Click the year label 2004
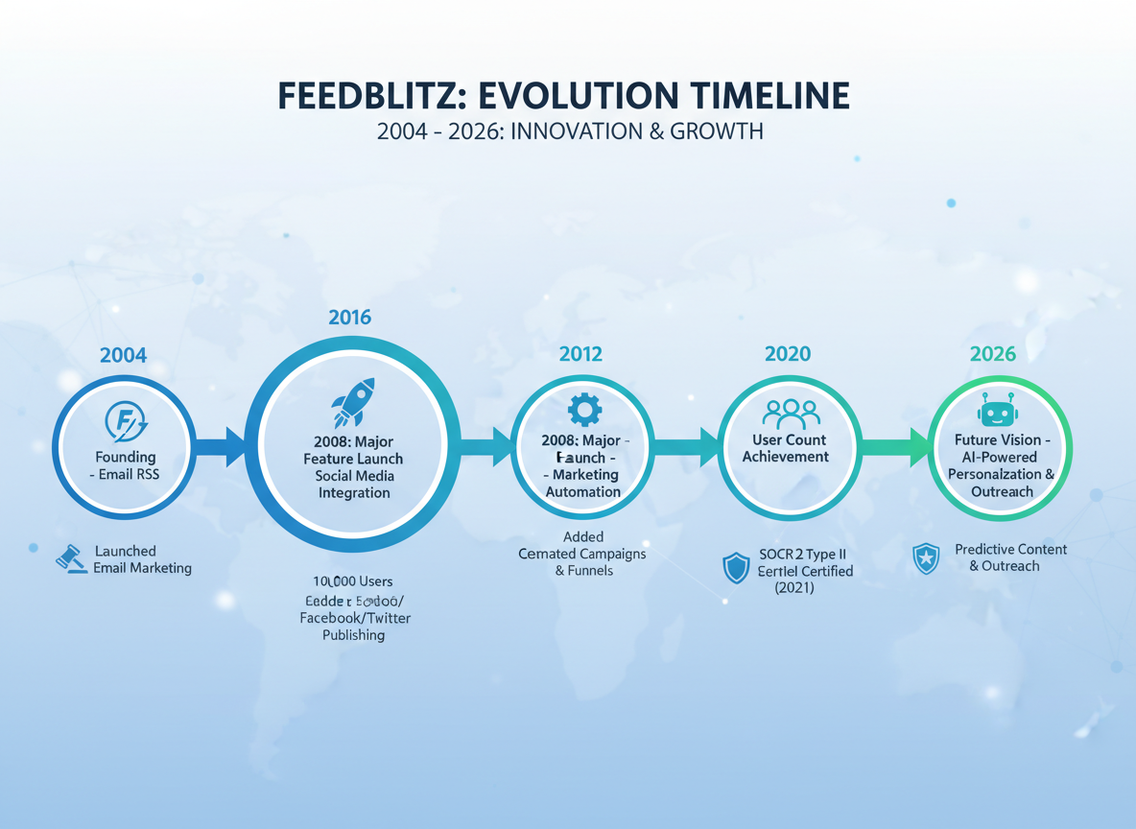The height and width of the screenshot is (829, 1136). click(x=123, y=355)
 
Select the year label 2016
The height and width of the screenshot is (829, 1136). click(x=349, y=317)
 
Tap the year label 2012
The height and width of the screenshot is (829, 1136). click(x=580, y=354)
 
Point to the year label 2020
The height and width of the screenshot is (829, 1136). click(x=787, y=354)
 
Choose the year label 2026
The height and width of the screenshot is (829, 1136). click(x=992, y=354)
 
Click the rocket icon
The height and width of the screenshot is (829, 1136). click(x=352, y=402)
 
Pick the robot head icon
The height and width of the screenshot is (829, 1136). click(x=997, y=412)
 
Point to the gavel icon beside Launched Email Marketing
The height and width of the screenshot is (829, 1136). click(x=70, y=558)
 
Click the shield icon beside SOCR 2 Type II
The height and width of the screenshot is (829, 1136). click(x=736, y=568)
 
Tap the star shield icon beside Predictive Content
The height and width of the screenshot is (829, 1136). click(x=926, y=558)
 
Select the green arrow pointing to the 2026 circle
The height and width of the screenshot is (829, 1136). click(x=893, y=446)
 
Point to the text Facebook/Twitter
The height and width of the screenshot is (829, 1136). click(x=355, y=618)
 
